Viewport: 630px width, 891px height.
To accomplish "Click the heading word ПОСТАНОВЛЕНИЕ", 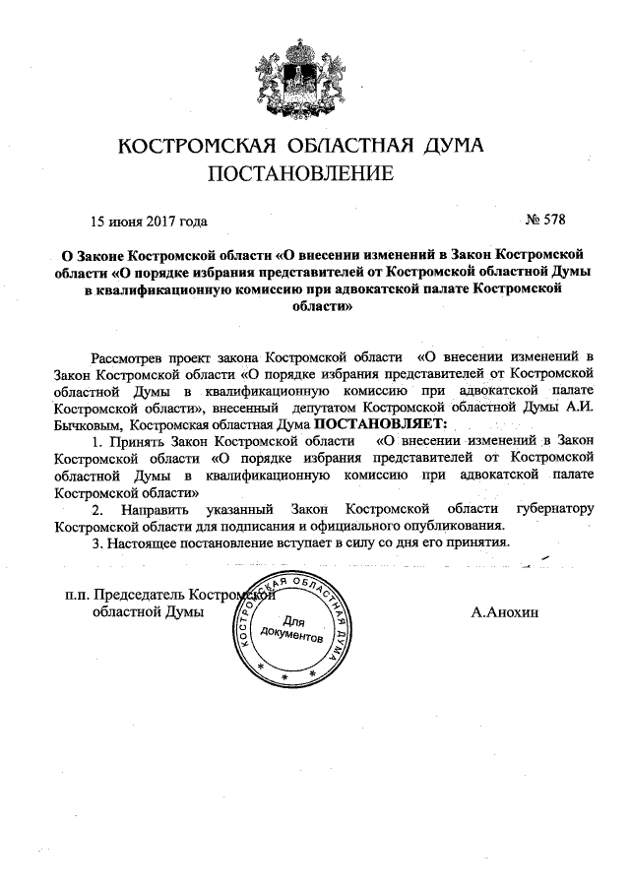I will click(300, 174).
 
